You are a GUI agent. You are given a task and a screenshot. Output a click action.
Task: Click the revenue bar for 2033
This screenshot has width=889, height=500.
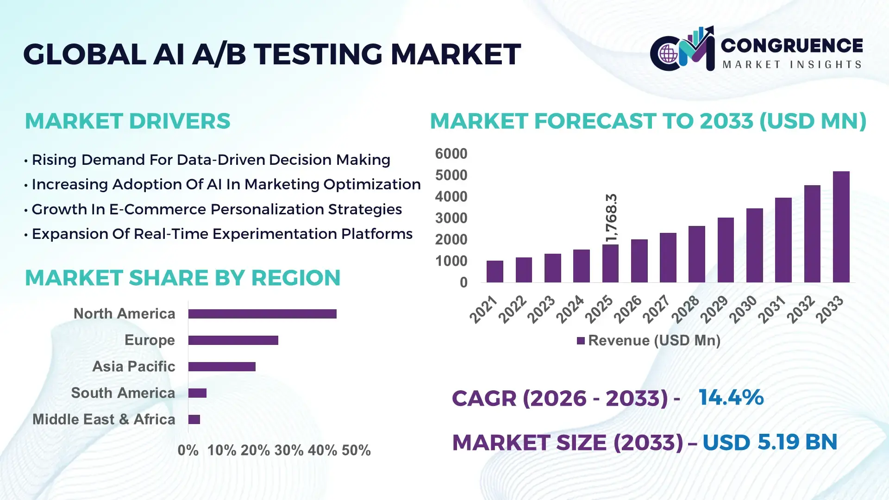pos(841,227)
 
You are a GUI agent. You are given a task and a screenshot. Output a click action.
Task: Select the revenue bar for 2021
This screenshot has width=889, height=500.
pos(495,271)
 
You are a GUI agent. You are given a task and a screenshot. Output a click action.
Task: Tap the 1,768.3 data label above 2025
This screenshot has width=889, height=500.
pos(611,218)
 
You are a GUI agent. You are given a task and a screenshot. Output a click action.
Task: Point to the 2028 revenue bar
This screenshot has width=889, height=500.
pos(696,254)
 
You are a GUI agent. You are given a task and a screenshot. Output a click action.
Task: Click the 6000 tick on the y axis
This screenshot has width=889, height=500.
pos(451,154)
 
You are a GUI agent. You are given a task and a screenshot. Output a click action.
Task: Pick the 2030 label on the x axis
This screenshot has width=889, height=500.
pos(743,309)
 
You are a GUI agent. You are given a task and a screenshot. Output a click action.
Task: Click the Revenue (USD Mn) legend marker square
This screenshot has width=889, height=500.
pos(581,341)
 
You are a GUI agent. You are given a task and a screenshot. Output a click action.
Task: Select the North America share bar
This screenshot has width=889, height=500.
pos(262,314)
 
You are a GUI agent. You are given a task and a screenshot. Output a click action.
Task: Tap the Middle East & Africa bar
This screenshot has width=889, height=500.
pos(194,419)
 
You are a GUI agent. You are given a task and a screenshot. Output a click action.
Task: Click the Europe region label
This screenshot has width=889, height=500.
pos(150,340)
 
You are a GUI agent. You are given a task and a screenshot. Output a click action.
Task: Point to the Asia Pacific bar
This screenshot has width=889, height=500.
pos(222,367)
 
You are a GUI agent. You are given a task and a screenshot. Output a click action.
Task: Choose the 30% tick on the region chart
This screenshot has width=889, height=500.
pos(288,450)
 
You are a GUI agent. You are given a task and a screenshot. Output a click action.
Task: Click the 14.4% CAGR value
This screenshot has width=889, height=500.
pos(731,398)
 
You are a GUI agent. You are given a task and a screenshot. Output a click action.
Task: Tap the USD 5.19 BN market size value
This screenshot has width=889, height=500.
pos(770,442)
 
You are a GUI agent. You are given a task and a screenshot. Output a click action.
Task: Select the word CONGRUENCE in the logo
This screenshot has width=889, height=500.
pos(792,45)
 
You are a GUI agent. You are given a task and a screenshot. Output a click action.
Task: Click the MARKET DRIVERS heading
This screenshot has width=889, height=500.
pos(127,121)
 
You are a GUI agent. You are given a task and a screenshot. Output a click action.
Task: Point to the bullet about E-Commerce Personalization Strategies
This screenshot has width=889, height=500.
pos(216,209)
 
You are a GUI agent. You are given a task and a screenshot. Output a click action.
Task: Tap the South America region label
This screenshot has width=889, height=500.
pos(123,393)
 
